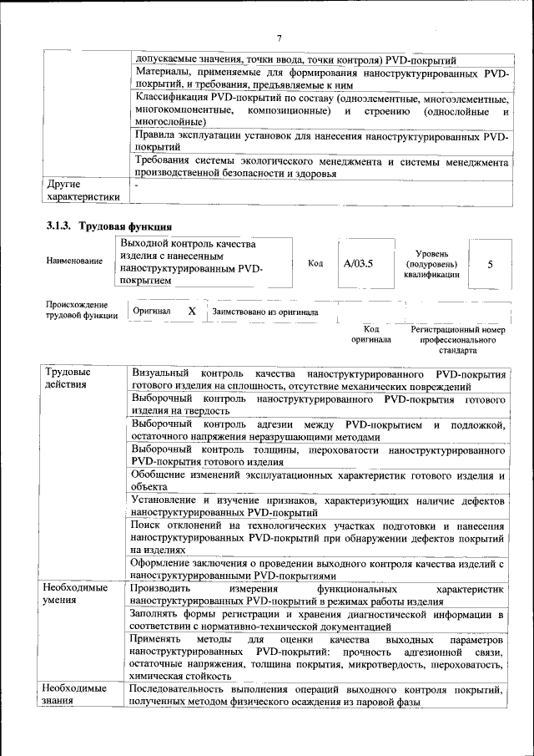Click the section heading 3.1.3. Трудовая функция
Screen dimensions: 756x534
pos(109,226)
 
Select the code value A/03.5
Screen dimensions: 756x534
pos(358,263)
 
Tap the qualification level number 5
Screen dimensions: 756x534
pos(490,263)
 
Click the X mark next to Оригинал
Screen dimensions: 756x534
pos(191,311)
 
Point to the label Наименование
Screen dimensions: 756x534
pos(75,261)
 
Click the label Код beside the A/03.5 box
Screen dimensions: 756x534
pos(315,263)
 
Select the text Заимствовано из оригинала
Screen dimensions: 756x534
pos(265,312)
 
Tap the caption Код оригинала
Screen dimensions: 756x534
pos(370,334)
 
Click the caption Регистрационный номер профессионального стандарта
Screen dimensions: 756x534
pos(458,341)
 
